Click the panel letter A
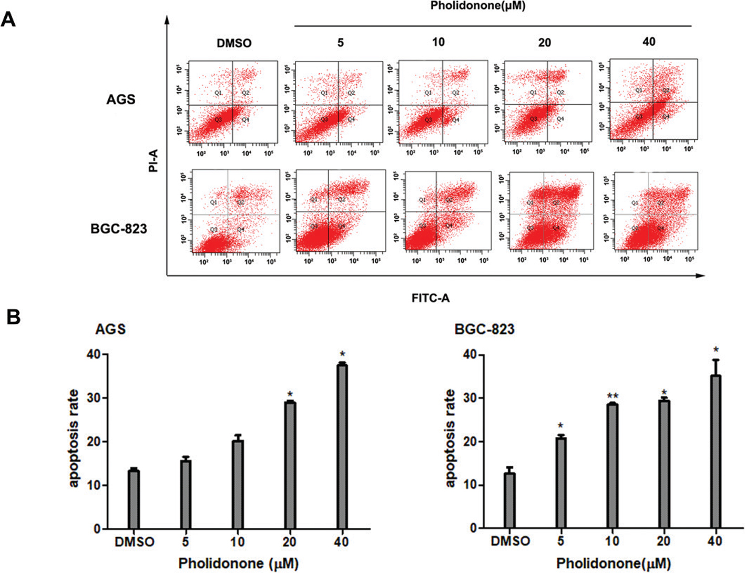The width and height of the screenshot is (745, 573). [x=8, y=19]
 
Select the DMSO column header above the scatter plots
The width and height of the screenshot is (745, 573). [x=234, y=43]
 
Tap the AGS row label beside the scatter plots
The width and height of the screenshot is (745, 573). [x=121, y=99]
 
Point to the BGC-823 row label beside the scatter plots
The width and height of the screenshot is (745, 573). [x=119, y=229]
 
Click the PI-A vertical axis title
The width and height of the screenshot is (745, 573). [x=154, y=160]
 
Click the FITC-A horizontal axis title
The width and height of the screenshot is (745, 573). [x=430, y=298]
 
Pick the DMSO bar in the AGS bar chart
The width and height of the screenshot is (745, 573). [x=134, y=499]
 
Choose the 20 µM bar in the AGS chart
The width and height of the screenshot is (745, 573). [x=290, y=465]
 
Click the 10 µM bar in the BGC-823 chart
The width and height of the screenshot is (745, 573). [x=612, y=466]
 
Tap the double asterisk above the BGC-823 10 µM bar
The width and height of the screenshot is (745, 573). [x=612, y=396]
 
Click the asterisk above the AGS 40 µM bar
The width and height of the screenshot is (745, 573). [x=342, y=354]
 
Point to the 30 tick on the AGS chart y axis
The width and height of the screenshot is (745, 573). [x=93, y=398]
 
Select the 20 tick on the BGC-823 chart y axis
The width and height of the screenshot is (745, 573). [x=470, y=442]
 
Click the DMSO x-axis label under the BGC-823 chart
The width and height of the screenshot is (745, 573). [x=510, y=541]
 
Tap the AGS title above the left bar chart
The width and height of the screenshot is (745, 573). [x=110, y=330]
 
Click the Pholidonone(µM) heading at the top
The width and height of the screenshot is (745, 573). [x=477, y=6]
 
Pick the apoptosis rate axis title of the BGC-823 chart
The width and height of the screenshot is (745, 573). [x=450, y=438]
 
